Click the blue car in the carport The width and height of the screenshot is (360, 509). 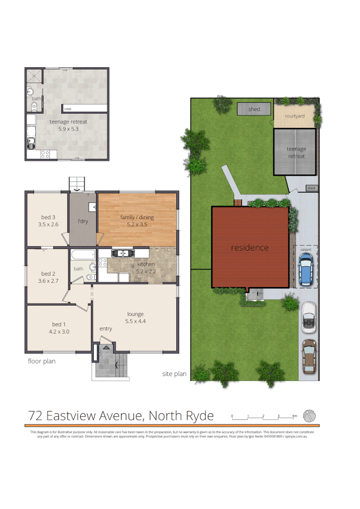306,270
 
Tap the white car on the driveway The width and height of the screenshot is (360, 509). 308,315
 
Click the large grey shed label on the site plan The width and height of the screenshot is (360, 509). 254,109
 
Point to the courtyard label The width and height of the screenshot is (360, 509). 295,116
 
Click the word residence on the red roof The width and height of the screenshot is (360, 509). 250,247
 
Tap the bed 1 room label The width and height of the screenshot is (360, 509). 59,324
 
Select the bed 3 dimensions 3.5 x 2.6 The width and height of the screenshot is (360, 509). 49,225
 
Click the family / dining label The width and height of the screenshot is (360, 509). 137,217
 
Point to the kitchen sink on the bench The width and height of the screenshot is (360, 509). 122,254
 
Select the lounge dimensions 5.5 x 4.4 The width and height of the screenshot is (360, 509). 135,321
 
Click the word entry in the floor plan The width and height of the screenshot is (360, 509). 106,328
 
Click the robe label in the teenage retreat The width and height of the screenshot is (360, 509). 68,109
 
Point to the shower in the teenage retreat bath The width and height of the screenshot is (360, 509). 34,76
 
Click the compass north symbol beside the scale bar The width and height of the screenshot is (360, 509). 310,415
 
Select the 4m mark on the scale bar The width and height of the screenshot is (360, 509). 295,416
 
